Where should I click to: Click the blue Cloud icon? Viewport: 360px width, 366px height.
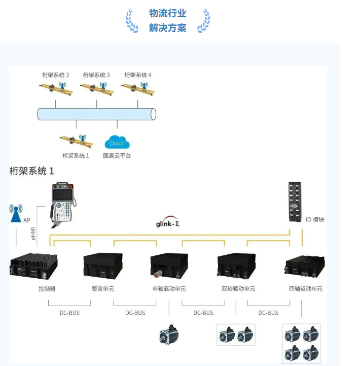click(x=117, y=143)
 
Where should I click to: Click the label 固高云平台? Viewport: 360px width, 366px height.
click(x=117, y=156)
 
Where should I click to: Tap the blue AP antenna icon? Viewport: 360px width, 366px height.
click(x=16, y=213)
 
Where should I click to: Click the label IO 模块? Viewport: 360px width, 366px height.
click(x=314, y=220)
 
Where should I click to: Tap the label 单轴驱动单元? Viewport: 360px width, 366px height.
click(x=169, y=289)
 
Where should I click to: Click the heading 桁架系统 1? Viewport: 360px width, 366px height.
click(x=31, y=171)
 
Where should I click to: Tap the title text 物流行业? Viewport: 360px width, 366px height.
click(x=168, y=13)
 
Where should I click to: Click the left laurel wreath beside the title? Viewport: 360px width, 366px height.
click(x=132, y=21)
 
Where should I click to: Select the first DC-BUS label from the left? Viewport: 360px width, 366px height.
click(x=69, y=313)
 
